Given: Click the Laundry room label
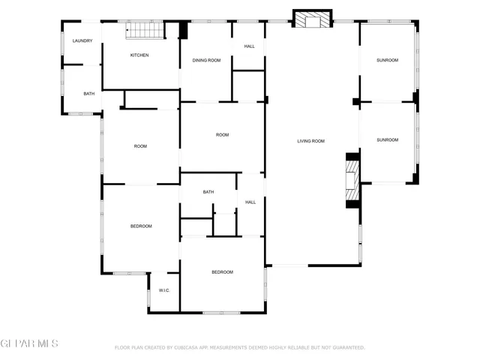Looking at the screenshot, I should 82,40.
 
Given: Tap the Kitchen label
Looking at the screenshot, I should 139,55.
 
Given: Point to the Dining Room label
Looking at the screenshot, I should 206,60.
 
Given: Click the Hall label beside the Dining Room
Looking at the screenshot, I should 249,46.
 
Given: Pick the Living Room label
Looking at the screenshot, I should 310,141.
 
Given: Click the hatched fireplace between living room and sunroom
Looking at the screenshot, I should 352,181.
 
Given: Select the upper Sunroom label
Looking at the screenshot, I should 387,60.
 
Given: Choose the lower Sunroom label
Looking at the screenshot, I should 387,139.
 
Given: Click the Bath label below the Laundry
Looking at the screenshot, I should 89,94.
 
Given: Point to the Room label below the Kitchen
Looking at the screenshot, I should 140,146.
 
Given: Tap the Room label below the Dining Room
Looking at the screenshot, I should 222,135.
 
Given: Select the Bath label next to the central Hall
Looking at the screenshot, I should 208,192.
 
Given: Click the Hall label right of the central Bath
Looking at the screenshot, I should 250,202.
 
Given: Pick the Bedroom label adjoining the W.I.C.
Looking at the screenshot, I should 141,226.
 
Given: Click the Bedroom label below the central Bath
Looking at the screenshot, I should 222,272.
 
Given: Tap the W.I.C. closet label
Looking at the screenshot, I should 163,290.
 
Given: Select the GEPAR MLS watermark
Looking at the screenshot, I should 29,344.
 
